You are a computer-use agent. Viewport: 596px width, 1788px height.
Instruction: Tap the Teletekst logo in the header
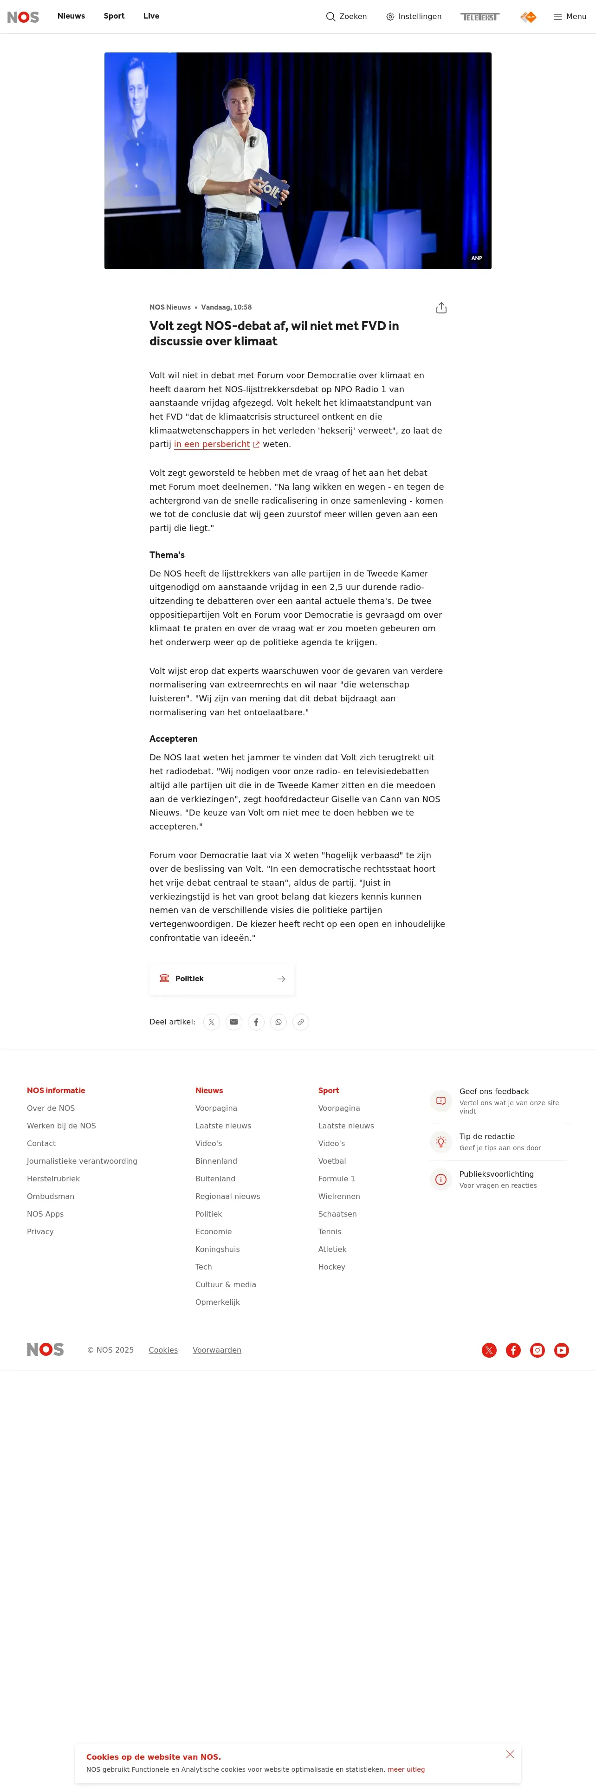[479, 17]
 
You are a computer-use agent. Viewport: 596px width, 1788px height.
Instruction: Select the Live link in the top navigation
[151, 16]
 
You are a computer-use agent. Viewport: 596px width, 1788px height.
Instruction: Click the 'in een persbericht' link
[212, 444]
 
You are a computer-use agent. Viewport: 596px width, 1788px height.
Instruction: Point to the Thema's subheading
[167, 555]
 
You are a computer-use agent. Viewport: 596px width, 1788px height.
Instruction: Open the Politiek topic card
[221, 978]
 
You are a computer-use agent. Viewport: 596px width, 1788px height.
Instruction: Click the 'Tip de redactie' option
[487, 1137]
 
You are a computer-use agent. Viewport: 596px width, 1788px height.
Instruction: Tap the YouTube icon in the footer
[561, 1350]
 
